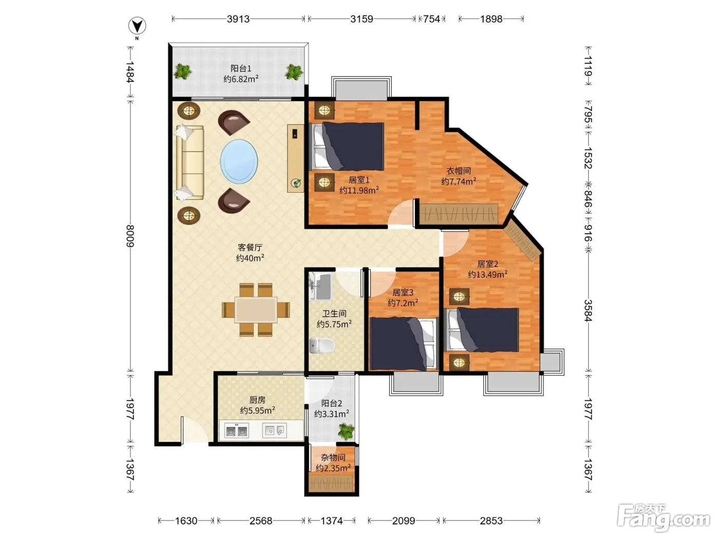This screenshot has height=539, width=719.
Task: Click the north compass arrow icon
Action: coord(137,26)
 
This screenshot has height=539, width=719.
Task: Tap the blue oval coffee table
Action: coord(239,161)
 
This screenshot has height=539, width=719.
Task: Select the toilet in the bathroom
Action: coord(322,345)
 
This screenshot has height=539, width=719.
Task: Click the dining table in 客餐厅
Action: coord(256,310)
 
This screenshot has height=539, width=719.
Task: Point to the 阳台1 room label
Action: coord(241,68)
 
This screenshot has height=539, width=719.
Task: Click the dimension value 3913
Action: coord(238,19)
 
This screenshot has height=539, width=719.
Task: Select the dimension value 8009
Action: coord(130,236)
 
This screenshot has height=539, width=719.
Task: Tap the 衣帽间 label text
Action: coord(459,171)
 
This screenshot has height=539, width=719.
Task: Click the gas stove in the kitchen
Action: coord(237,431)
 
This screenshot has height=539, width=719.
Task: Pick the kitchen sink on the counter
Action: coord(274,431)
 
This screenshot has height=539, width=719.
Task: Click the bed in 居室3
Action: coord(404,343)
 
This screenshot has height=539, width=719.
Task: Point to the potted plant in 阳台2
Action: coord(346,432)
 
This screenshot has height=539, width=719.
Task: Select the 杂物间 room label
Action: coord(333,457)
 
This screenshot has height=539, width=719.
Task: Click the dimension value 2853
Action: coord(491,521)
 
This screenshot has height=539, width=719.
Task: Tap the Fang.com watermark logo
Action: coord(664,518)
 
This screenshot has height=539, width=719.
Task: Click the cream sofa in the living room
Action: coord(190,163)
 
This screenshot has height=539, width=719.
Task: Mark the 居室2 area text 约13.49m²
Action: coord(488,274)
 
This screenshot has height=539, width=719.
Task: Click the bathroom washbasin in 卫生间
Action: coord(320,286)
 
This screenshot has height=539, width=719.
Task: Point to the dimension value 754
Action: coord(431,19)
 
